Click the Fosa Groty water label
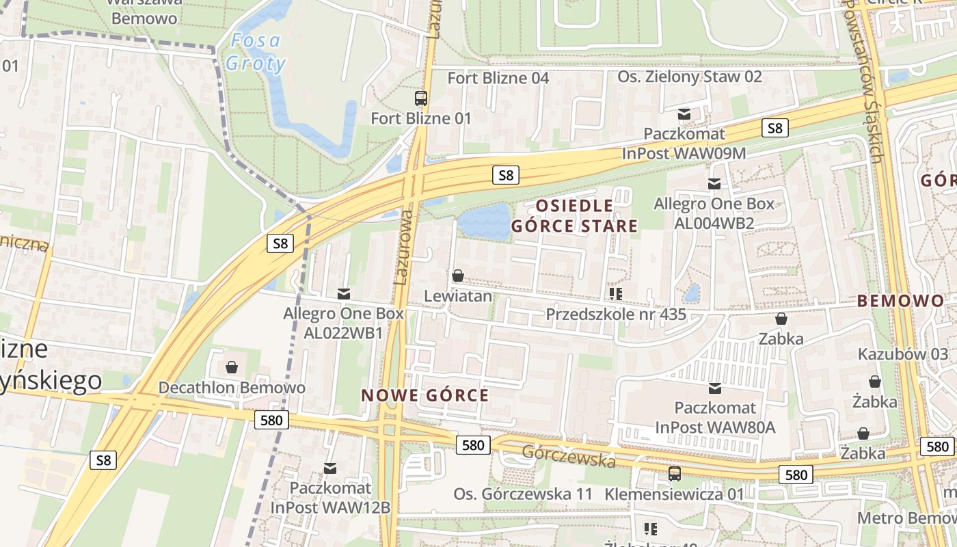tap(255, 52)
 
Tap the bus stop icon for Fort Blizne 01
tap(421, 98)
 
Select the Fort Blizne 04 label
tap(498, 78)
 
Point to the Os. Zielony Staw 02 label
tap(689, 77)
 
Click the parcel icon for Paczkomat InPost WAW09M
tap(684, 114)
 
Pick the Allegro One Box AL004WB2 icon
tap(714, 183)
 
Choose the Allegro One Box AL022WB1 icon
tap(344, 293)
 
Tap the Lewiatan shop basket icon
tap(458, 276)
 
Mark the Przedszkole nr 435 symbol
tap(615, 294)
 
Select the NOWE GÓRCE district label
tap(424, 395)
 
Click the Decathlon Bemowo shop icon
tap(232, 367)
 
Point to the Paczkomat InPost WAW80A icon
tap(715, 388)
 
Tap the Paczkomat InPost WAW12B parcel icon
tap(330, 468)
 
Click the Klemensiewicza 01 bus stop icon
tap(675, 473)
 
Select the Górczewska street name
tap(569, 457)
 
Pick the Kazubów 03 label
tap(902, 354)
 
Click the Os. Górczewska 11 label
tap(523, 494)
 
